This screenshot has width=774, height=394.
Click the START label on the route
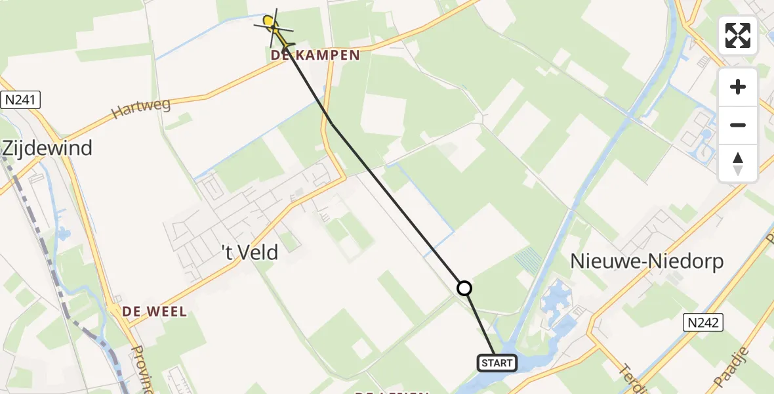pos(497,362)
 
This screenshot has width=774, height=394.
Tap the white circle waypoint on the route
pos(464,288)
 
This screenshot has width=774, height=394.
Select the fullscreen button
pos(738,35)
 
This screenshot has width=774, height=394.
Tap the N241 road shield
pos(20,100)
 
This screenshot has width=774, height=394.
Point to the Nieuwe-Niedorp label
pos(647,261)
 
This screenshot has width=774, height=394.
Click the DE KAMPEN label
pos(316,56)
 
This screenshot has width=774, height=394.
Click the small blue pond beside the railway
pos(64,232)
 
